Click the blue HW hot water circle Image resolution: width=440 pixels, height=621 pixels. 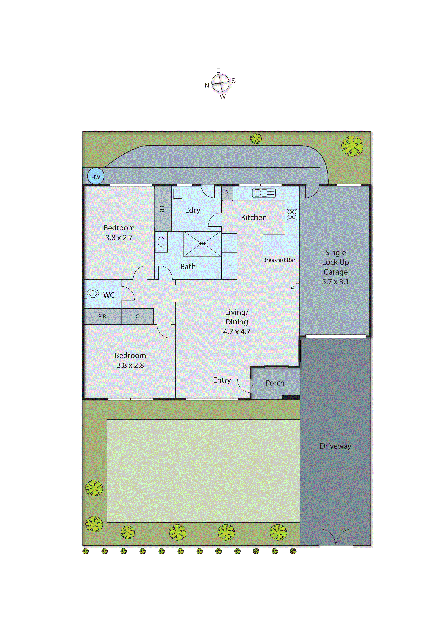click(96, 176)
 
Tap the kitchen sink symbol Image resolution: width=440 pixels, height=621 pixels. click(264, 193)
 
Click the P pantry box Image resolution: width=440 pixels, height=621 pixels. click(227, 193)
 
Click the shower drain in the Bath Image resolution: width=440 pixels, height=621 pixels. click(202, 243)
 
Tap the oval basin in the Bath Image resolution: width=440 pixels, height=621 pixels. click(161, 242)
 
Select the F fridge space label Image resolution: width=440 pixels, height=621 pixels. click(229, 266)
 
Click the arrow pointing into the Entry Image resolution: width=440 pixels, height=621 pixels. click(255, 386)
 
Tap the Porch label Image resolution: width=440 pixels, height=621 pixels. click(275, 383)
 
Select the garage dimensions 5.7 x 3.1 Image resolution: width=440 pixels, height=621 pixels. click(335, 282)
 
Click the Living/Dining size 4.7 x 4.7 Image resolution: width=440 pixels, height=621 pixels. click(237, 332)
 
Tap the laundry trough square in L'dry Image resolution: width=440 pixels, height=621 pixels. click(178, 194)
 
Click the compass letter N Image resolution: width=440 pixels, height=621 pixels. click(207, 86)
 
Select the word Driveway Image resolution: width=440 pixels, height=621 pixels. click(335, 446)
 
